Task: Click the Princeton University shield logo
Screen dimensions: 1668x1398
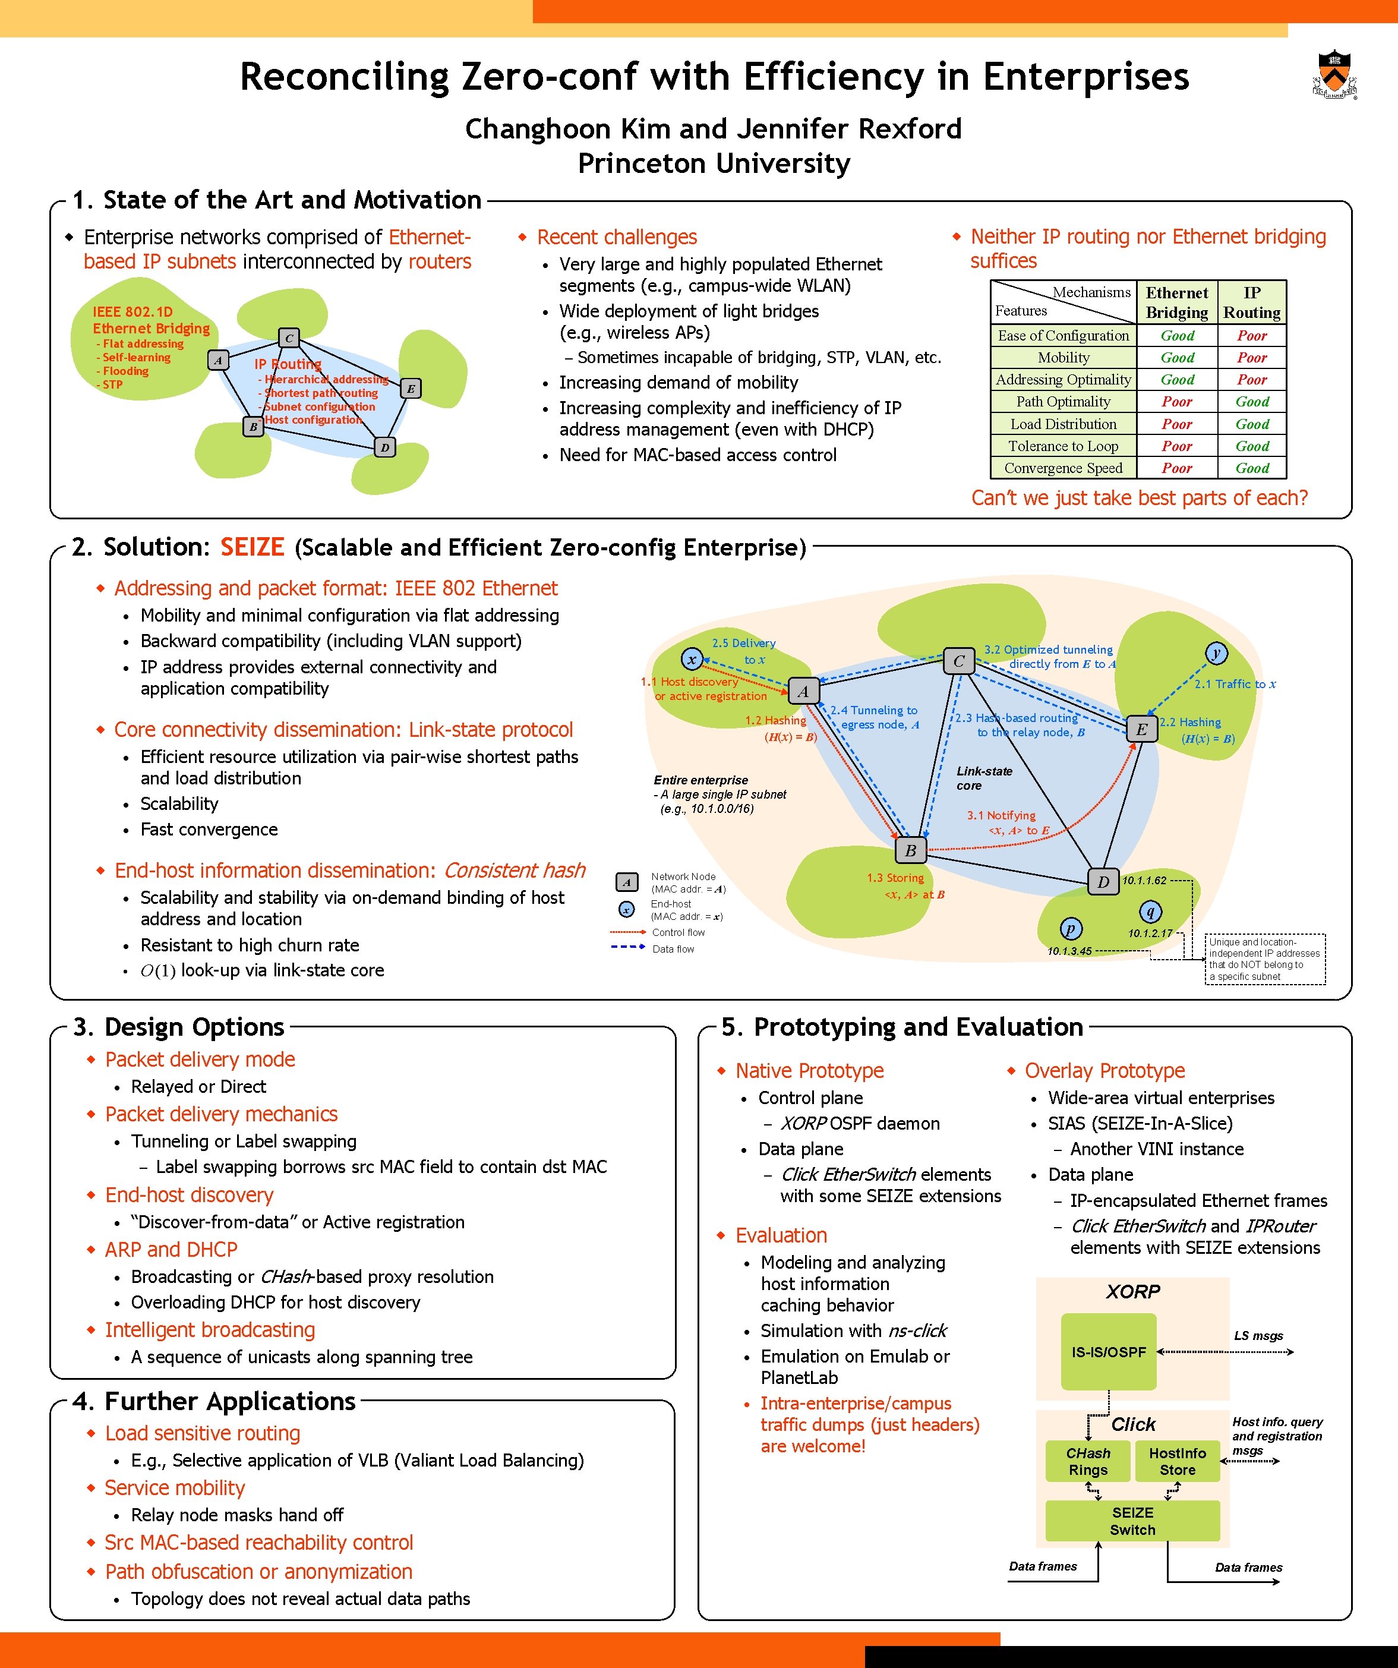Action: (1334, 74)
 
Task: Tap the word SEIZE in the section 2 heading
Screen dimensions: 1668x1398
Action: (252, 547)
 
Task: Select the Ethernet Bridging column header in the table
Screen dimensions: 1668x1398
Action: (1176, 302)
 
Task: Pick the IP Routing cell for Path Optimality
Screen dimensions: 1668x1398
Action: (1252, 402)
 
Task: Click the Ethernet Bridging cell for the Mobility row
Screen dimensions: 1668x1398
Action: (1176, 358)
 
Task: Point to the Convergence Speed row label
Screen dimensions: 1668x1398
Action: (1063, 468)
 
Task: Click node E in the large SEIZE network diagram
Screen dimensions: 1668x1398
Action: (1141, 729)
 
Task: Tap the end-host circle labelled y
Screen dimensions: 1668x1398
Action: (1216, 653)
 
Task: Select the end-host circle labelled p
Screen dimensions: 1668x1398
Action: (1071, 929)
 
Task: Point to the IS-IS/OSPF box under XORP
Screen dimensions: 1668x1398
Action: (1108, 1352)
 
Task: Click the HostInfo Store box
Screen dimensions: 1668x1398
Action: (1176, 1461)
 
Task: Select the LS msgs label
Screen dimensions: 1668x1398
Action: (1258, 1335)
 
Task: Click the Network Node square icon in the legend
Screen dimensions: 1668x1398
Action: (627, 882)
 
